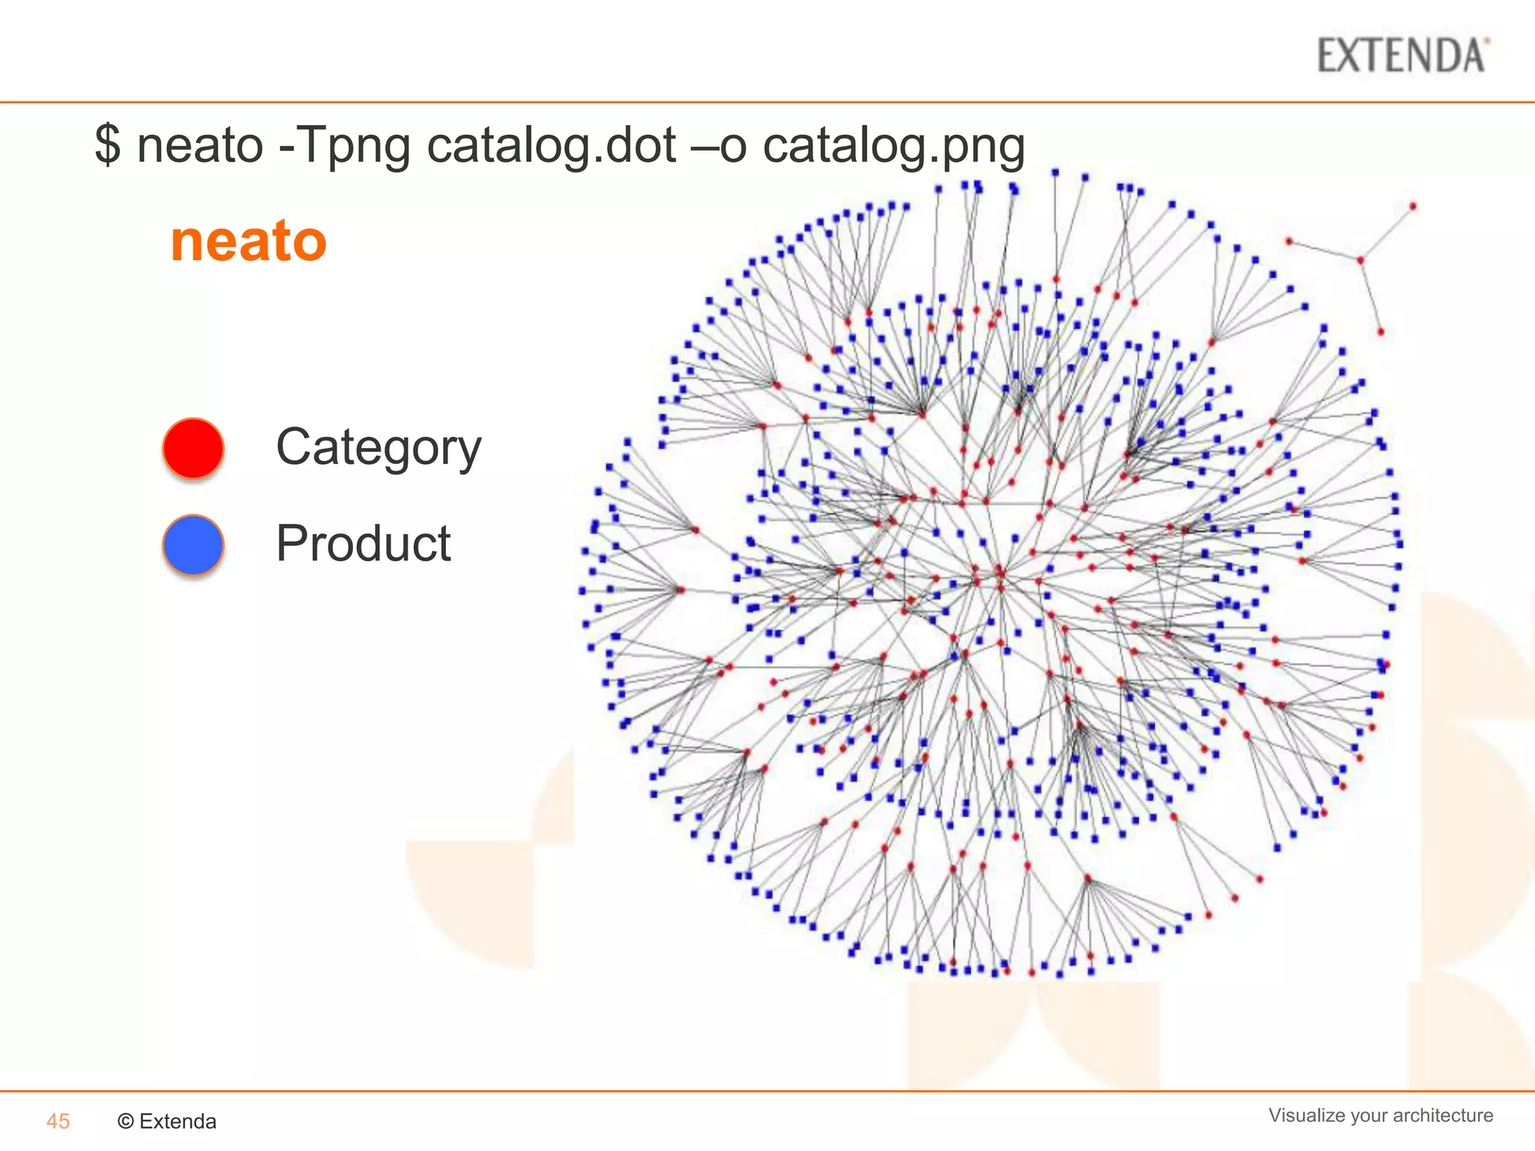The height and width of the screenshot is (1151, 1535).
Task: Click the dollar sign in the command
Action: point(107,144)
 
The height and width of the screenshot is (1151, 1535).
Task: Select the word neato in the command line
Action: point(199,144)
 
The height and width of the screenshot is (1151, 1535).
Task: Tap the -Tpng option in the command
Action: point(344,144)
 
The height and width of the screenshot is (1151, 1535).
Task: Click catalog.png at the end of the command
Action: point(893,144)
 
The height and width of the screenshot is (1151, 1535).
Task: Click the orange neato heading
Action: point(248,241)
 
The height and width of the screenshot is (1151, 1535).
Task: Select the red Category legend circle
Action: point(193,448)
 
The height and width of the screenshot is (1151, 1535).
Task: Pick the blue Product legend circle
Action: point(193,545)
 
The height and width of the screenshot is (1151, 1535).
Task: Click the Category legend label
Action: point(379,447)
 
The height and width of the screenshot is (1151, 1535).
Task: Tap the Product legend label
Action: point(363,543)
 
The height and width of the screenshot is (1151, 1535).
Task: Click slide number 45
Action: point(58,1121)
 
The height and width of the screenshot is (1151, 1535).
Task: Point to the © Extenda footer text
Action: point(166,1121)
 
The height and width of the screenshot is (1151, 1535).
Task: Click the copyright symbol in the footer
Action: point(126,1121)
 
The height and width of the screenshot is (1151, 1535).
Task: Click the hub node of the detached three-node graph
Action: point(1360,260)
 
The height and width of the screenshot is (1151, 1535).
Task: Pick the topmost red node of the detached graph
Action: point(1413,206)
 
